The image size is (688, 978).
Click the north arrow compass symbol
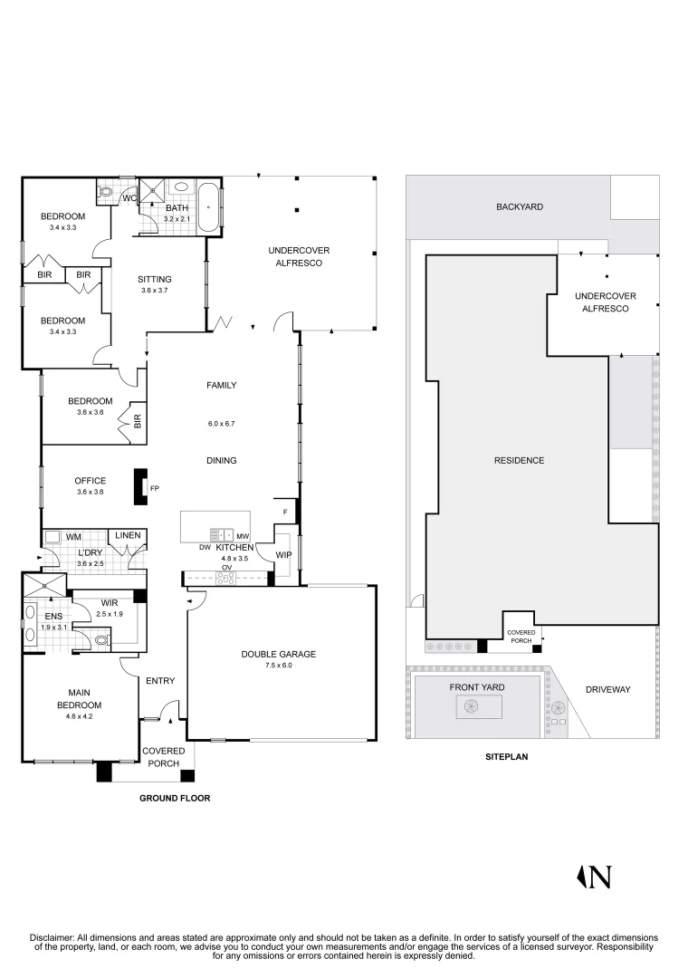tap(593, 877)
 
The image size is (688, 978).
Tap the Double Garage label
tap(279, 655)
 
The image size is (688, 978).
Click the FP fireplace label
tap(155, 488)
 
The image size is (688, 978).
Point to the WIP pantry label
tap(284, 554)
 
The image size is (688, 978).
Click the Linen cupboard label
tap(128, 535)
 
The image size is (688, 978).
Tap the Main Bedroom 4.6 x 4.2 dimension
tap(80, 716)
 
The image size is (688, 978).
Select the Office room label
tap(91, 481)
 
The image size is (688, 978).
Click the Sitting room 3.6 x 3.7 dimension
tap(155, 290)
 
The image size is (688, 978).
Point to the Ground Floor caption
tap(175, 798)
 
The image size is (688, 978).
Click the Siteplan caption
tap(507, 756)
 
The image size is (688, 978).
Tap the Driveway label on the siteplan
tap(608, 689)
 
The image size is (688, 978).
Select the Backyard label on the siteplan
tap(520, 206)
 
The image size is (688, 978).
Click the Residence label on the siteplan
tap(520, 460)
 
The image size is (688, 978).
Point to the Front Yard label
tap(477, 687)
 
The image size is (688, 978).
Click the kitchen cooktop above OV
tap(225, 578)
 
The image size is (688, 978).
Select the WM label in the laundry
tap(73, 536)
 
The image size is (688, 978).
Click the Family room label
tap(222, 386)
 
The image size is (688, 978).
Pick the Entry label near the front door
tap(160, 680)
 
